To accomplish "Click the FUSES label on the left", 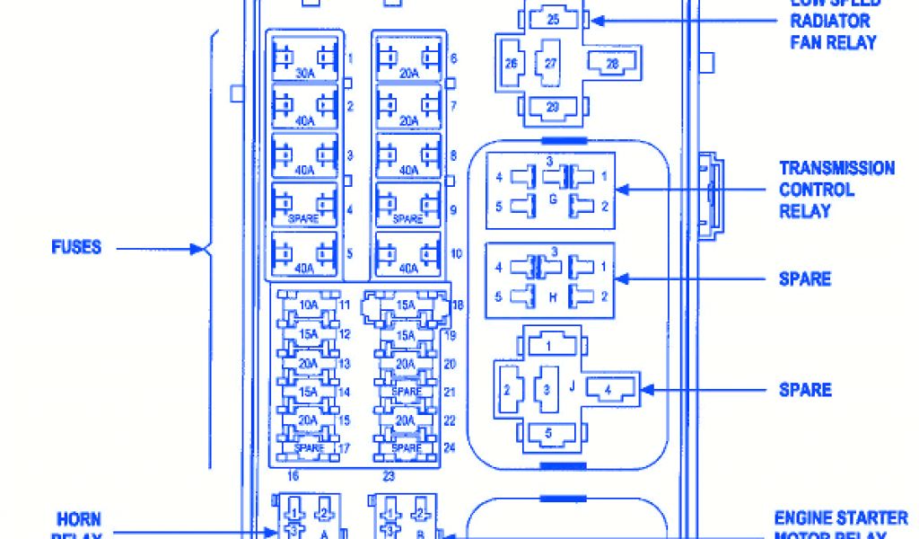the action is (x=76, y=247).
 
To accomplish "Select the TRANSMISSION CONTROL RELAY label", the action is (x=836, y=190).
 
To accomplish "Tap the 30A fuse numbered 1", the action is (x=304, y=60).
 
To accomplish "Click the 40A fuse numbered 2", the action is (x=304, y=107).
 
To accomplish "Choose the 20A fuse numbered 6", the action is (x=409, y=60).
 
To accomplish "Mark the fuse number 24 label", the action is (x=451, y=447).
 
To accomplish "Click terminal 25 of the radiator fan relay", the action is (x=552, y=19).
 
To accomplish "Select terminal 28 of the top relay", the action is (x=612, y=62).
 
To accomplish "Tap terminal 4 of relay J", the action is (x=608, y=390).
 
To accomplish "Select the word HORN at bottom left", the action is (x=78, y=519).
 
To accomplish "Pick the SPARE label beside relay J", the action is (x=804, y=390).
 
